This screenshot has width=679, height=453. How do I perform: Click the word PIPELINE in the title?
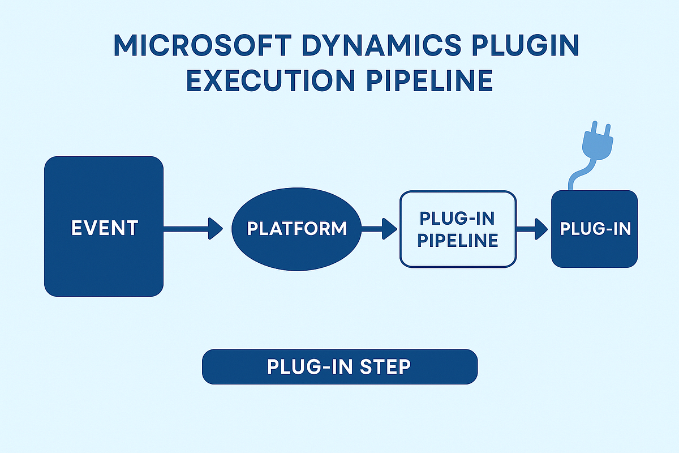click(437, 81)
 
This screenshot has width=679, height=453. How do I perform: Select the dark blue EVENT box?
click(104, 226)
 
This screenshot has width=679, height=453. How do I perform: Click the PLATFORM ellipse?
click(296, 229)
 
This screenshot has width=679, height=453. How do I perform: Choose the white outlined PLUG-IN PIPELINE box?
click(458, 229)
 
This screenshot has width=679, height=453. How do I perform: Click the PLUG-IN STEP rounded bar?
click(339, 367)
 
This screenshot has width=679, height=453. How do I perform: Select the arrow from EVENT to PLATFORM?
click(192, 229)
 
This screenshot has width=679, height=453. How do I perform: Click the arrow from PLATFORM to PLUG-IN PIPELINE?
click(379, 229)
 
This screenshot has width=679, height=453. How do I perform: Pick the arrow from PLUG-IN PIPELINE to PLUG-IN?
click(532, 229)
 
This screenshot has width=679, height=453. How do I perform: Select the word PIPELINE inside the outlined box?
click(458, 240)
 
